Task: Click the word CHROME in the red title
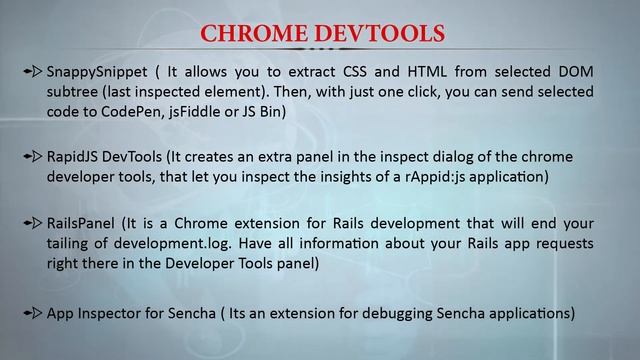[256, 33]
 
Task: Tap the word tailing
[73, 243]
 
